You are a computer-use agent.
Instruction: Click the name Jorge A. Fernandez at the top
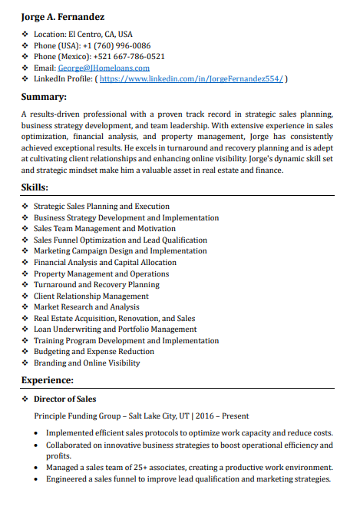coord(63,16)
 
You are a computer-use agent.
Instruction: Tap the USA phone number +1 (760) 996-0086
coord(116,45)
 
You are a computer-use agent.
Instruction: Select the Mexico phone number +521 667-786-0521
coord(129,56)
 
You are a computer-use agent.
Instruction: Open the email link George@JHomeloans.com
coord(104,68)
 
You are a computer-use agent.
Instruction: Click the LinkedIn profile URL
coord(191,79)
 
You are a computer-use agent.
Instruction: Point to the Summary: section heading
coord(44,97)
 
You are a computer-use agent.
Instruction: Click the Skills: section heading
coord(35,187)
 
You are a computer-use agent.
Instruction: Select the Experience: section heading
coord(48,380)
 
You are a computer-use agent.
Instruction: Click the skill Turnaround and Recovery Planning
coord(96,285)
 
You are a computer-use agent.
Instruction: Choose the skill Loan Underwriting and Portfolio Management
coord(115,330)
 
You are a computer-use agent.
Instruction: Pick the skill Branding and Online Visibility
coord(87,363)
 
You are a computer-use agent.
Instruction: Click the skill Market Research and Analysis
coord(86,307)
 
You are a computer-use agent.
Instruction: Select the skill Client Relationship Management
coord(91,296)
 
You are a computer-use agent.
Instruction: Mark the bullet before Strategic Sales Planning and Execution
coord(25,207)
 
